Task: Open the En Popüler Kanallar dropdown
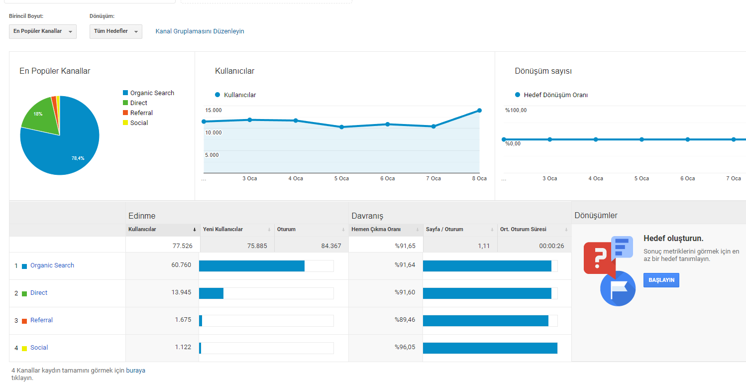click(x=43, y=31)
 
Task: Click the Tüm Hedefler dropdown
click(x=115, y=31)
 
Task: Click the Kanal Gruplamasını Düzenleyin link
click(x=200, y=31)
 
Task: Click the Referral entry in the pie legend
click(x=141, y=113)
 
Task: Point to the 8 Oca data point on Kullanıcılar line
click(x=479, y=111)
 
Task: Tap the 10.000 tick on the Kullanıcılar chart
click(x=213, y=132)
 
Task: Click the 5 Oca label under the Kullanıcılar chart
click(x=341, y=178)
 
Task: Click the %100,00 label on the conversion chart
click(x=516, y=111)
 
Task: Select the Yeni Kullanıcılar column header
click(x=223, y=229)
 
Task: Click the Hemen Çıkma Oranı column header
click(x=376, y=229)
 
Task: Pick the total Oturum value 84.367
click(x=331, y=246)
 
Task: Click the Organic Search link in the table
click(x=52, y=265)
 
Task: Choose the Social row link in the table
click(x=39, y=347)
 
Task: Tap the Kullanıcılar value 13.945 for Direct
click(x=181, y=292)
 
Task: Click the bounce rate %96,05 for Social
click(x=405, y=347)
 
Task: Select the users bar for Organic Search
click(x=252, y=266)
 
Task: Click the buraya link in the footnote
click(x=135, y=371)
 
